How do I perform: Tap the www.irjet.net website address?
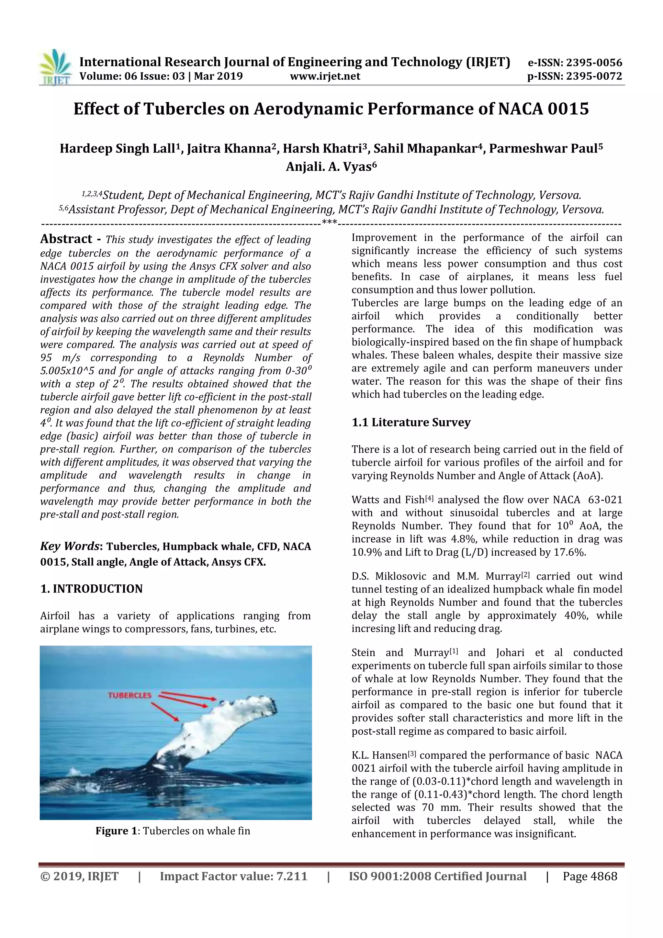click(325, 76)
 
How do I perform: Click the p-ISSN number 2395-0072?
click(594, 76)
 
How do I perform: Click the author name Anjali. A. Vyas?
click(331, 167)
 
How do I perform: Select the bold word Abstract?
click(66, 239)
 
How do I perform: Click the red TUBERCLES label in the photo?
click(129, 695)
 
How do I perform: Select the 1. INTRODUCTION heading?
click(92, 589)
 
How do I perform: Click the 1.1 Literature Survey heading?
click(411, 423)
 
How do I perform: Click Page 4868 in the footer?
click(590, 876)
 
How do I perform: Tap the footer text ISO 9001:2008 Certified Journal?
click(437, 876)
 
